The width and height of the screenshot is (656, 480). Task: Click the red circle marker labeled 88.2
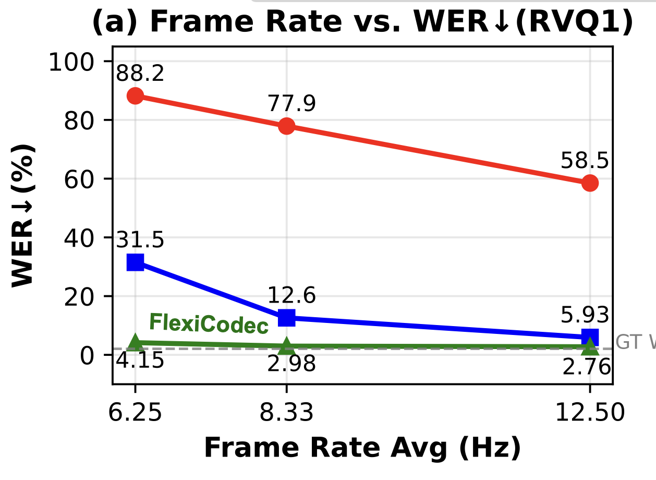coord(135,96)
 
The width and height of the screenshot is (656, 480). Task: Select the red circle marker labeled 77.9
coord(286,126)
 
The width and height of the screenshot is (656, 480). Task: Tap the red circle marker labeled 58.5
coord(590,183)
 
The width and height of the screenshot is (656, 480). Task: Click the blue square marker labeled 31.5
coord(135,262)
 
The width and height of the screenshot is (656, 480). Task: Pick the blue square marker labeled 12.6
coord(286,317)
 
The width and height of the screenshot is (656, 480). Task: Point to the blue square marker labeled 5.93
coord(590,337)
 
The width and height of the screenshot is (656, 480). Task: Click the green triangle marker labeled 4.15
coord(135,342)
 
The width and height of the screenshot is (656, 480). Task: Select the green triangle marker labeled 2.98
coord(286,345)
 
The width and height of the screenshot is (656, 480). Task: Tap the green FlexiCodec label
coord(209,324)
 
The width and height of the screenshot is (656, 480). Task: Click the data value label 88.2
coord(140,74)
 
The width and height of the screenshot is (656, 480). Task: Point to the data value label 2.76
coord(587,367)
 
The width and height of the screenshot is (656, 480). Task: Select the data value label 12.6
coord(291,296)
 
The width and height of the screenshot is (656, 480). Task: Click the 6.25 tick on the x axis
coord(135,413)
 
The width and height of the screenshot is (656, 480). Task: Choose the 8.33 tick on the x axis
coord(286,413)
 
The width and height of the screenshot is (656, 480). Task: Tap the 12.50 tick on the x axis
coord(590,413)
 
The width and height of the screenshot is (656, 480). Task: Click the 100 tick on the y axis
coord(78,62)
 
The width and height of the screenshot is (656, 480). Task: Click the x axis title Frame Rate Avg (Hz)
coord(362,448)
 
